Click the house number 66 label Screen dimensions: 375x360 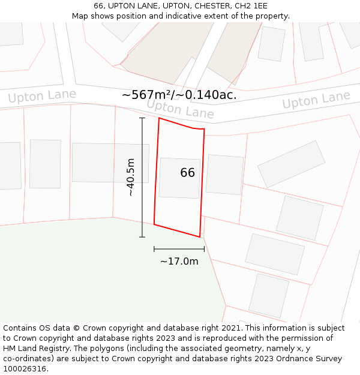pos(187,173)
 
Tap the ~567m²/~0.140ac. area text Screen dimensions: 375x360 pos(179,95)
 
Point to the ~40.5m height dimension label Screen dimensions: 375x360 pos(131,177)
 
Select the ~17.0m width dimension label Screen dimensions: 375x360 pos(179,261)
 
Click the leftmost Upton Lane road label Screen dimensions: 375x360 pos(42,96)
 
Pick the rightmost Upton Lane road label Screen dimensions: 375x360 pos(316,100)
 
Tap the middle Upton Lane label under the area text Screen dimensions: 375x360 pos(180,109)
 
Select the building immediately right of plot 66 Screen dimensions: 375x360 pos(224,175)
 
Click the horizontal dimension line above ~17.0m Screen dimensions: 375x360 pos(179,248)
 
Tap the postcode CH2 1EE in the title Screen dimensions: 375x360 pos(251,6)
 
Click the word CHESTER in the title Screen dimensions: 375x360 pos(211,6)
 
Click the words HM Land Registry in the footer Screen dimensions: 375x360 pos(34,349)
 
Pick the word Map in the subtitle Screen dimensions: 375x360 pos(81,16)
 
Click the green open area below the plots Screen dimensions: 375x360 pos(90,270)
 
